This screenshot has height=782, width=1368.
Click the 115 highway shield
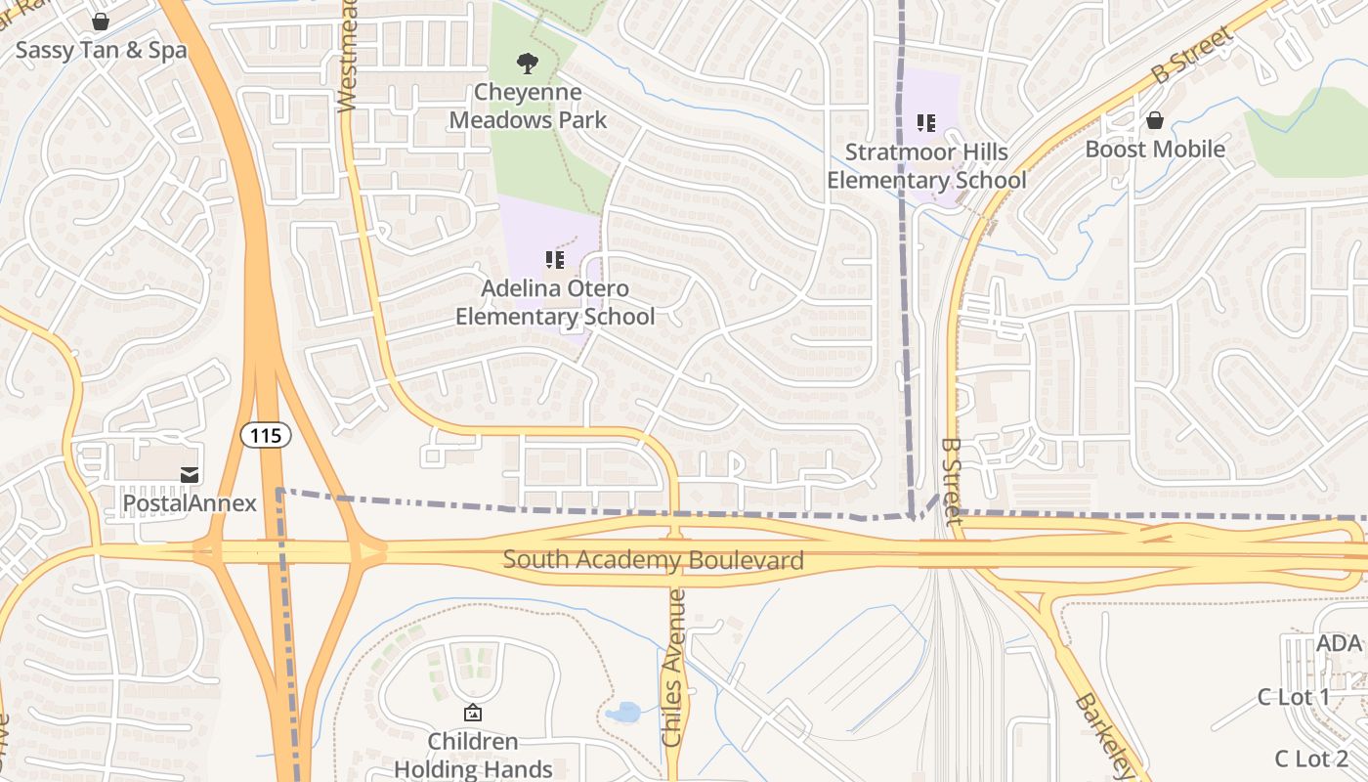point(266,435)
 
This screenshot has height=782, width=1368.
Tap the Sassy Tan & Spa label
point(101,50)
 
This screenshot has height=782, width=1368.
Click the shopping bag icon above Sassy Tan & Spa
point(101,22)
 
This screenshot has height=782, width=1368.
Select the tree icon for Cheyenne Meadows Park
point(528,65)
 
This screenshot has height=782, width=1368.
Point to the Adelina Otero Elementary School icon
point(555,260)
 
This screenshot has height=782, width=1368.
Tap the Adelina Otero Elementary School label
point(555,303)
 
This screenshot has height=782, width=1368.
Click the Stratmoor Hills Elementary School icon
point(925,123)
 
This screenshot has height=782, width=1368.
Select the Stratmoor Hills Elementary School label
point(925,166)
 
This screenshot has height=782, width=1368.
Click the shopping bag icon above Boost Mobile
point(1155,120)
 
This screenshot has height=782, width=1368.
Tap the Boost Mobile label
point(1155,150)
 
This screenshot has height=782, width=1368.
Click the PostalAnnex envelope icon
point(190,474)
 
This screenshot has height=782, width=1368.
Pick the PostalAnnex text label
point(190,503)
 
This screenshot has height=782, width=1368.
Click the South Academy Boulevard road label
point(653,560)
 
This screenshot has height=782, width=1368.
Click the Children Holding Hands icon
point(473,713)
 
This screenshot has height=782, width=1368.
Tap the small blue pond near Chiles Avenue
point(621,713)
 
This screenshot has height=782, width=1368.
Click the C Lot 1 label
point(1293,697)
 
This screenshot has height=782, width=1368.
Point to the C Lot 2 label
point(1311,759)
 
